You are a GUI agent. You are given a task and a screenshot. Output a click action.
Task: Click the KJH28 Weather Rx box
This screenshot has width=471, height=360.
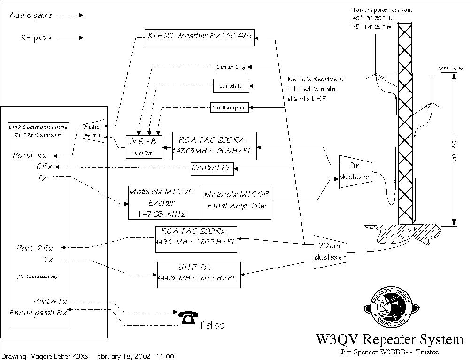click(x=200, y=37)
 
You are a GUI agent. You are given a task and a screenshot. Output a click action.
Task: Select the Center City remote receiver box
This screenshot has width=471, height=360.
click(x=231, y=67)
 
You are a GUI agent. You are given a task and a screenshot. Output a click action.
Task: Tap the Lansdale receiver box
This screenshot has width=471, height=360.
click(x=231, y=86)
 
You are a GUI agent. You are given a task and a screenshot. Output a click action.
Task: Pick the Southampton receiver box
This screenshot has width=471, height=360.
click(x=229, y=107)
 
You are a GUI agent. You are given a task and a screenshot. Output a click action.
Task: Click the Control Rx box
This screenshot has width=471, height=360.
click(x=212, y=168)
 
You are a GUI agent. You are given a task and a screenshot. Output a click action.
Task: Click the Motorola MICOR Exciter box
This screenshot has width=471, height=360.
click(x=164, y=203)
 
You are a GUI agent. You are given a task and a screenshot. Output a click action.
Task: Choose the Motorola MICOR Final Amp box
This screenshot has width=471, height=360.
click(x=236, y=203)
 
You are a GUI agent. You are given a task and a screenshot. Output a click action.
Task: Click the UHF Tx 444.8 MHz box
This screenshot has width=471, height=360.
click(x=199, y=275)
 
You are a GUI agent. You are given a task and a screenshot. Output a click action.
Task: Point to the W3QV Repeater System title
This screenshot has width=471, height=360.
click(x=389, y=340)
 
